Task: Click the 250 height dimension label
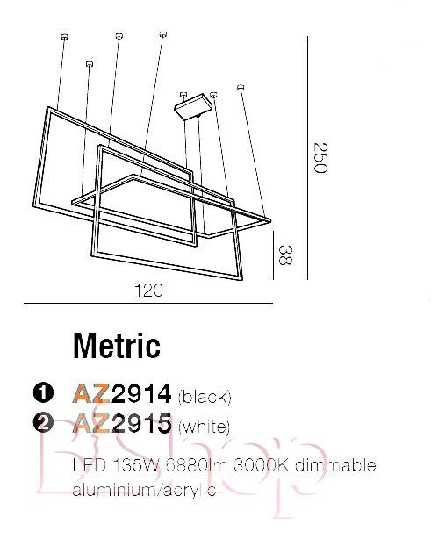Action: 320,157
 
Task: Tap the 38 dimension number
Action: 285,255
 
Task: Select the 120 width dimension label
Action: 148,290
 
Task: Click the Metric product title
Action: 117,346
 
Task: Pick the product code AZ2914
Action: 122,393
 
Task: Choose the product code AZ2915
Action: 122,423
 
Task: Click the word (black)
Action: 205,397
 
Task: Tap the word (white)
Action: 205,427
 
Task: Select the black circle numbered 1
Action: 43,392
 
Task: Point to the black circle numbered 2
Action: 43,423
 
